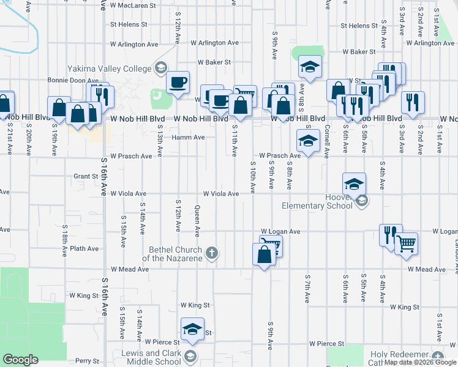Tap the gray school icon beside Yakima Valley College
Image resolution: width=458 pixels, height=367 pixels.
tap(161, 67)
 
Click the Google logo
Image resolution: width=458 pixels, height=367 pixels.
tap(20, 360)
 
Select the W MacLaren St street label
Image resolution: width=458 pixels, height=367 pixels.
tap(137, 7)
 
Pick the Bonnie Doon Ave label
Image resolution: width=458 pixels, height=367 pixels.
tap(73, 80)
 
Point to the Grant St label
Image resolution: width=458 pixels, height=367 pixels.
tap(86, 176)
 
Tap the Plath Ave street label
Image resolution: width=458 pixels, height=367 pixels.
tap(84, 249)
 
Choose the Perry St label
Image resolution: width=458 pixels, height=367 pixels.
tap(87, 361)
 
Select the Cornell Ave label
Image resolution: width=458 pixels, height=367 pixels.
tap(328, 139)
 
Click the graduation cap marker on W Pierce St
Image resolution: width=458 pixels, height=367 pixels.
tap(193, 328)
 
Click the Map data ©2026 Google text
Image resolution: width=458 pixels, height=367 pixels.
tap(421, 362)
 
